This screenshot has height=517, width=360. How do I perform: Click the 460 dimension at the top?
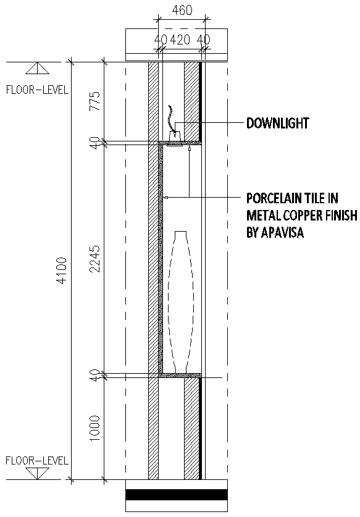(182, 10)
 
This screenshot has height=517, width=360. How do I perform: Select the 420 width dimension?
(180, 40)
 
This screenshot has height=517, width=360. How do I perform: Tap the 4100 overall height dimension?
(62, 271)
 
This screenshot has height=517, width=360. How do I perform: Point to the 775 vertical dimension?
(94, 101)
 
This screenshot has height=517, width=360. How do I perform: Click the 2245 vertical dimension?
(94, 259)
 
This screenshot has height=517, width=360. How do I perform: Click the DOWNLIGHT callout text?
(278, 123)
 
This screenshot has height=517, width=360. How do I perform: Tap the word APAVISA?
(282, 232)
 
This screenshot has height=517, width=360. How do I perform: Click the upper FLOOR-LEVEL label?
(37, 90)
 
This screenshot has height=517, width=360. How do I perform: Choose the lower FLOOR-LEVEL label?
(37, 461)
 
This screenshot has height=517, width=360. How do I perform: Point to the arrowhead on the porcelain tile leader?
(166, 198)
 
